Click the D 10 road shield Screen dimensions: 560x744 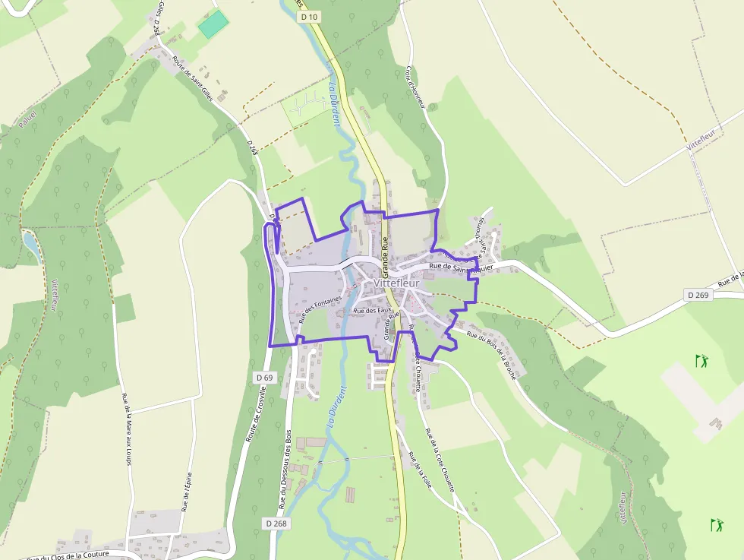tap(307, 16)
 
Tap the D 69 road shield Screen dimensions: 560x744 tap(264, 377)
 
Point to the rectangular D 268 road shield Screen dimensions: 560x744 tap(277, 524)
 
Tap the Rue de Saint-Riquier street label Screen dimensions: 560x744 tap(461, 267)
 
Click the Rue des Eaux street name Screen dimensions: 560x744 tap(371, 310)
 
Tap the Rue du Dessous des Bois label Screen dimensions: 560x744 tap(285, 469)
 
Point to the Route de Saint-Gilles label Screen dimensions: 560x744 tap(191, 76)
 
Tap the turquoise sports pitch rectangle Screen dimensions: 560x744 tap(213, 24)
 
